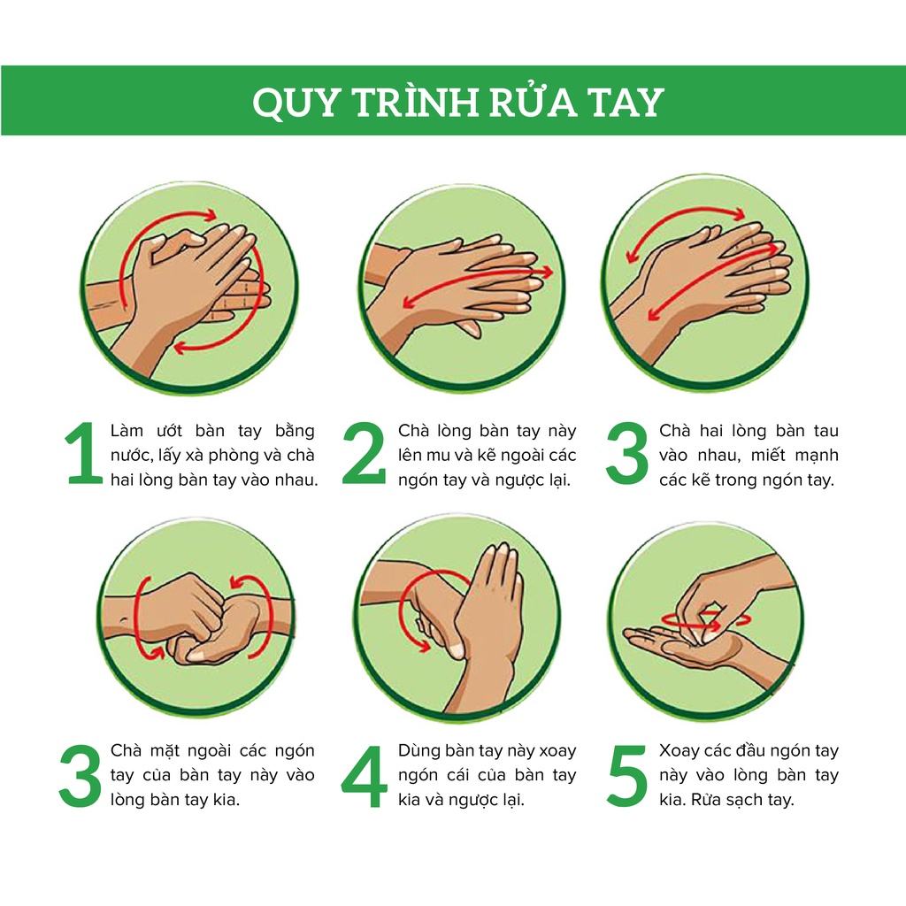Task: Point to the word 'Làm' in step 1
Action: click(x=127, y=431)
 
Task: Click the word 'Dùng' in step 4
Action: click(x=418, y=751)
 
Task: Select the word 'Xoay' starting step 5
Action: click(x=679, y=751)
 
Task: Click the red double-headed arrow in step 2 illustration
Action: click(x=477, y=287)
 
